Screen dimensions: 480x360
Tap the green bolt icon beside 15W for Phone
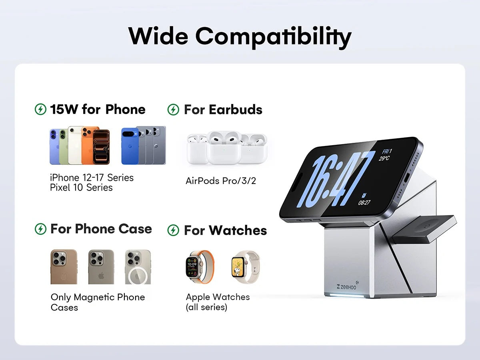coord(40,109)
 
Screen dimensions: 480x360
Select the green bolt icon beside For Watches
coord(173,230)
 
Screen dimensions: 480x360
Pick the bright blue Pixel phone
coord(130,146)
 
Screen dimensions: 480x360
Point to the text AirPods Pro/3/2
coord(221,181)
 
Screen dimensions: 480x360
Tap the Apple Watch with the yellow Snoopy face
coord(245,267)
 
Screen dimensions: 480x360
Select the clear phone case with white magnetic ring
coord(138,267)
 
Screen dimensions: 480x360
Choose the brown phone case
coord(64,267)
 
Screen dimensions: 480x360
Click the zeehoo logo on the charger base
coord(347,286)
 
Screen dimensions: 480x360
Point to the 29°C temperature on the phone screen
coord(384,158)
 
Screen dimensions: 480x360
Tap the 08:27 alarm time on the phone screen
coord(364,203)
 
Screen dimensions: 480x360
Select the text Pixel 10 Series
coord(81,188)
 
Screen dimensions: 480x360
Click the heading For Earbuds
coord(223,109)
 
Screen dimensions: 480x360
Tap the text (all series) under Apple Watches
coord(206,307)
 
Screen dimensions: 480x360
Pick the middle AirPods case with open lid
coord(224,147)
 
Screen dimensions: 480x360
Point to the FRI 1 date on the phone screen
coord(387,151)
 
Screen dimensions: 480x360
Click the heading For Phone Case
coord(101,229)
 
